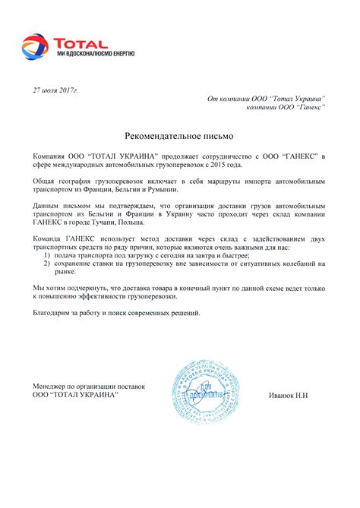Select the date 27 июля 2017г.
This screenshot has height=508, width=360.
point(55,90)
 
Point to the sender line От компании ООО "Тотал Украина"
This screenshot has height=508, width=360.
point(266,99)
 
